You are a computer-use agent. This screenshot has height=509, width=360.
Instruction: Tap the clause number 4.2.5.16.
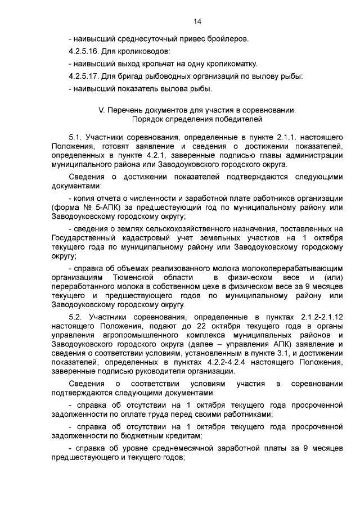tap(86, 52)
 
